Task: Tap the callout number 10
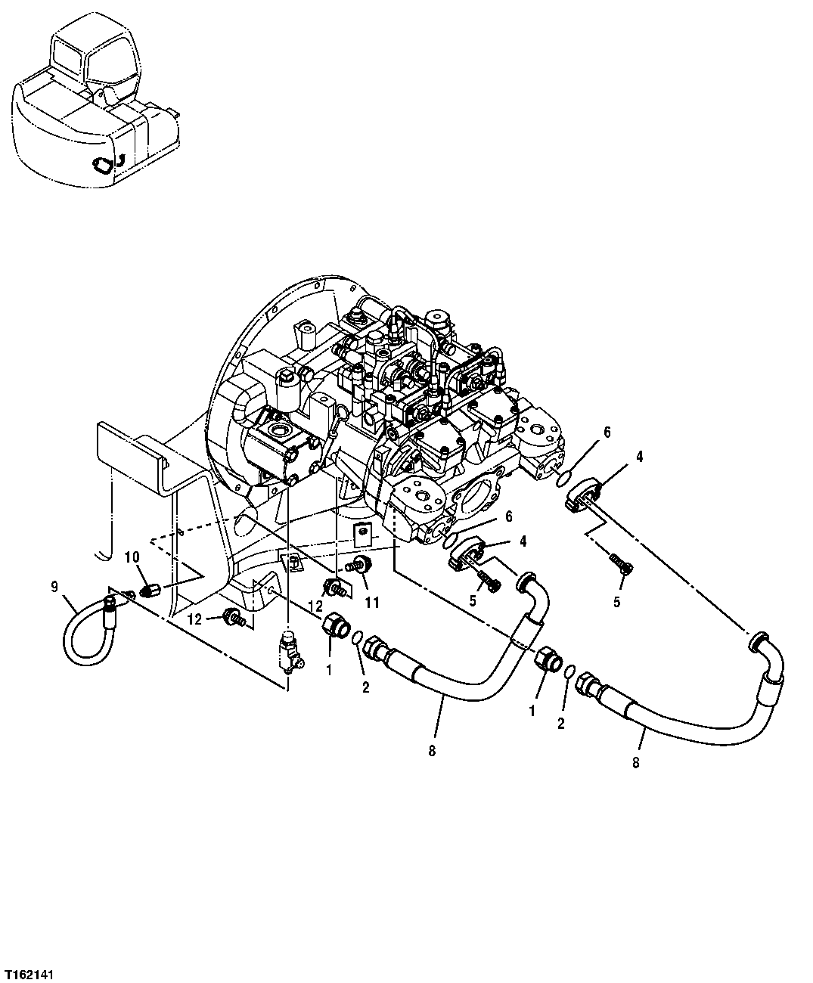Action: [132, 557]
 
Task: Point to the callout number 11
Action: [372, 602]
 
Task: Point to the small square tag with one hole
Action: [364, 533]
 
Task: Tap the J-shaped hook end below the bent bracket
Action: [104, 550]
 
